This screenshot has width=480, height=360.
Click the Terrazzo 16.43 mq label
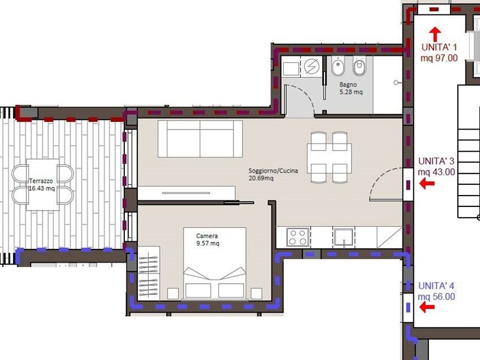click(41, 185)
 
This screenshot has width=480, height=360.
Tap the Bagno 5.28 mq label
click(351, 88)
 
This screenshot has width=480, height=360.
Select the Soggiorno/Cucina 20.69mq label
click(273, 174)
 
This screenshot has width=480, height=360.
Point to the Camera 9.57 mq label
click(208, 239)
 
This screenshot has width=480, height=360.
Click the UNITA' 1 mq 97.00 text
click(439, 52)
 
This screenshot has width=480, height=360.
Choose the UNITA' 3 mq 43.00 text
click(436, 167)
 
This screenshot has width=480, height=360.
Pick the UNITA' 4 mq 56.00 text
click(436, 291)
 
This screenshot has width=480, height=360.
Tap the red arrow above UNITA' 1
click(435, 34)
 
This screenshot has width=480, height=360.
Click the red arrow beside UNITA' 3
click(427, 184)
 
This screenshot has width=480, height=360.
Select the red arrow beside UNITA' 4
click(427, 307)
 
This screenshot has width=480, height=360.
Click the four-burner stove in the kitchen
click(298, 237)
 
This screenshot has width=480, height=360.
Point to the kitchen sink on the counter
click(344, 237)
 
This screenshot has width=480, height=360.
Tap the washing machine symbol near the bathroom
click(311, 66)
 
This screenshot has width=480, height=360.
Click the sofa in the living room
click(200, 139)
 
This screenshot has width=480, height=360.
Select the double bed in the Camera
click(215, 263)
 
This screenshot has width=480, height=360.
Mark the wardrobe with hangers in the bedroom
click(149, 273)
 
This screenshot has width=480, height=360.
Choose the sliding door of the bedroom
click(239, 202)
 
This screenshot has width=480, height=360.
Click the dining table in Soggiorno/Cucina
click(329, 157)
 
